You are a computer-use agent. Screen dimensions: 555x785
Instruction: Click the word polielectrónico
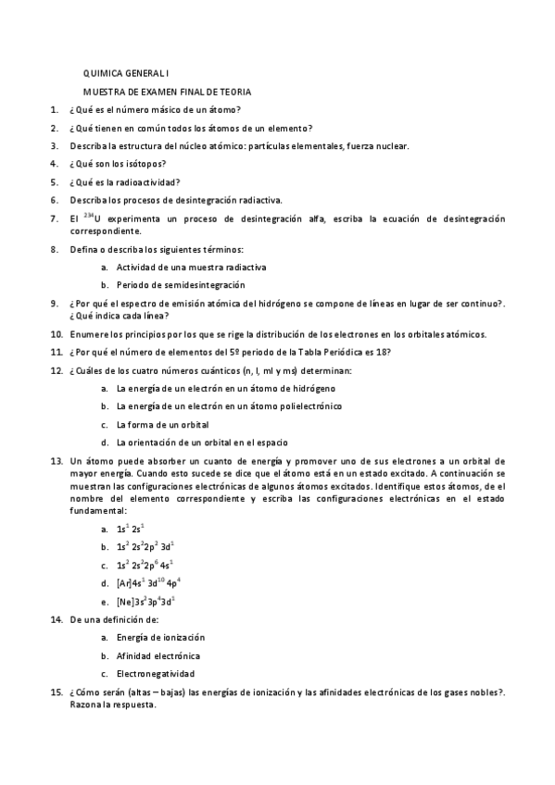tap(306, 405)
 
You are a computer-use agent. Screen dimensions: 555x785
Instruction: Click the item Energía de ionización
tap(160, 637)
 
